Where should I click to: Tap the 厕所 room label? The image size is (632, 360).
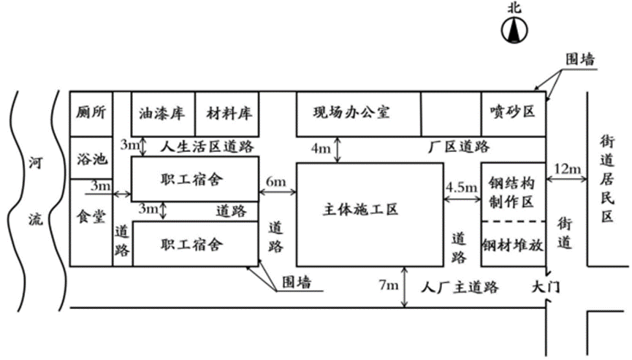pos(91,113)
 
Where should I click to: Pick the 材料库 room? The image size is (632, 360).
pos(229,113)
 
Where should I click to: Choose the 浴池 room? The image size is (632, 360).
pos(91,158)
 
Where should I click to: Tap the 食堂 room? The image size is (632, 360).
pos(91,218)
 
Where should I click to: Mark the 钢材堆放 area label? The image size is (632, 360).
pos(513,245)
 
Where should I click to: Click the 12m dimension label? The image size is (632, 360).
pos(568,170)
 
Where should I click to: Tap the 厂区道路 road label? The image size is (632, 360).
pos(457,147)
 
